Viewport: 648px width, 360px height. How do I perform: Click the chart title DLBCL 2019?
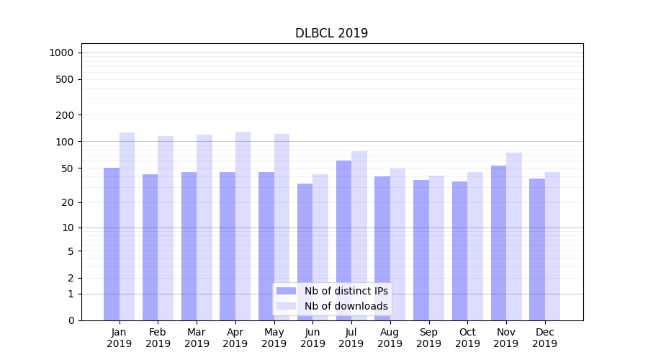[331, 33]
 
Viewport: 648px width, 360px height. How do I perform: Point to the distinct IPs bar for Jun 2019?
[305, 251]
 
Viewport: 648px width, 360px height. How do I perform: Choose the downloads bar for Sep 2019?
[436, 248]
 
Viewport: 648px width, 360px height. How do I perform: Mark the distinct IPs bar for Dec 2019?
[537, 249]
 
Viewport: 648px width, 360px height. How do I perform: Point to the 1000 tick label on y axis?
[61, 53]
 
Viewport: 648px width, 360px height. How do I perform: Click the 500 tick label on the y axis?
[65, 79]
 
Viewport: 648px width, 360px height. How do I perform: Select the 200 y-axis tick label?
[65, 115]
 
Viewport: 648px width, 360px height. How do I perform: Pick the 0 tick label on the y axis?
[71, 320]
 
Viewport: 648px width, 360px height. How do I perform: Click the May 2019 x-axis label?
[274, 338]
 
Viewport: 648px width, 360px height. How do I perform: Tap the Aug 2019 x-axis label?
[390, 338]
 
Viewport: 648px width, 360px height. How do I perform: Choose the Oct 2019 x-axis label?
[467, 338]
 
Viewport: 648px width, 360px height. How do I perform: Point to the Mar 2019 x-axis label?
[197, 338]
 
